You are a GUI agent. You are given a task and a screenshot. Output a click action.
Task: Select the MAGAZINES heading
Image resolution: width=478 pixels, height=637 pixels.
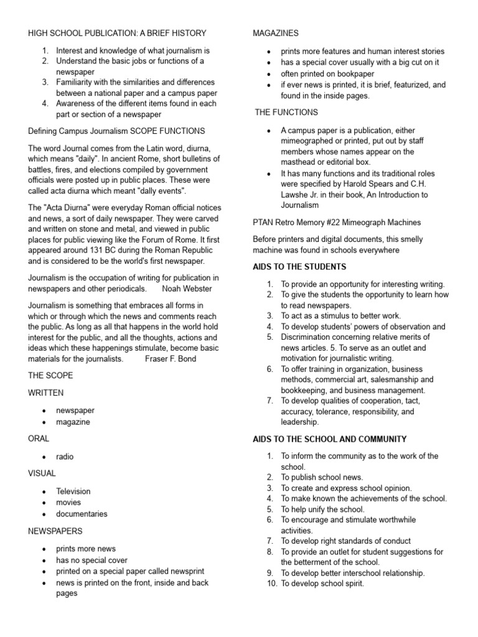click(275, 33)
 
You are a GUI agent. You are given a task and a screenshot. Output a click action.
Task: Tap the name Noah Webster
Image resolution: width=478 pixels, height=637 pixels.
click(187, 289)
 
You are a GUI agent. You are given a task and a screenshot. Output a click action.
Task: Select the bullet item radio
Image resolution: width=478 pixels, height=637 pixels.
click(65, 457)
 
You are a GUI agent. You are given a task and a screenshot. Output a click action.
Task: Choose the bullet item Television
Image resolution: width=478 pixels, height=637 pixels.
click(73, 491)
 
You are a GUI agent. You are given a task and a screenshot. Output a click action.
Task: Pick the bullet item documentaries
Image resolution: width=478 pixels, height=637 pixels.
click(82, 514)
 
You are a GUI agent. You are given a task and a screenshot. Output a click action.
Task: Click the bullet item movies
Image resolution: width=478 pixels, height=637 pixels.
click(68, 503)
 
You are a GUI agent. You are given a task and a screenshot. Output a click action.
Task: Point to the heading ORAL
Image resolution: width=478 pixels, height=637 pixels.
click(39, 439)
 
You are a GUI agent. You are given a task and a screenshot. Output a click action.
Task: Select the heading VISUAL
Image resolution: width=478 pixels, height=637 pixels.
click(42, 473)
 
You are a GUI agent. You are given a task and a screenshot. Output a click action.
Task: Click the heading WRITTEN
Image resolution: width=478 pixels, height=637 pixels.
click(45, 393)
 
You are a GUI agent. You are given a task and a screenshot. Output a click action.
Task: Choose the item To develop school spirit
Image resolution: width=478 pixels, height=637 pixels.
click(322, 584)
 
